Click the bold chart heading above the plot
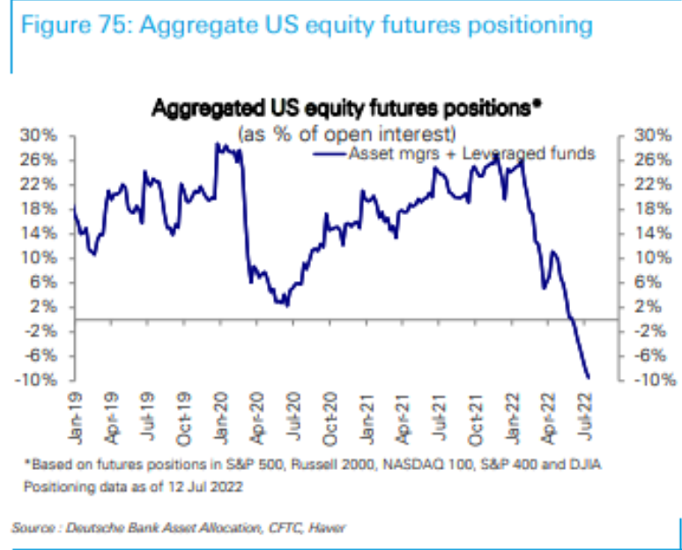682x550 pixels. point(346,108)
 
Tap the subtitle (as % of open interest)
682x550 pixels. point(346,133)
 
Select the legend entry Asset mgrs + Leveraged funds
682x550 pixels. point(471,153)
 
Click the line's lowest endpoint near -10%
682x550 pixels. point(588,377)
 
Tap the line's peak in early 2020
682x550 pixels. point(218,144)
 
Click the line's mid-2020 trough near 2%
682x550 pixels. point(285,304)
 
